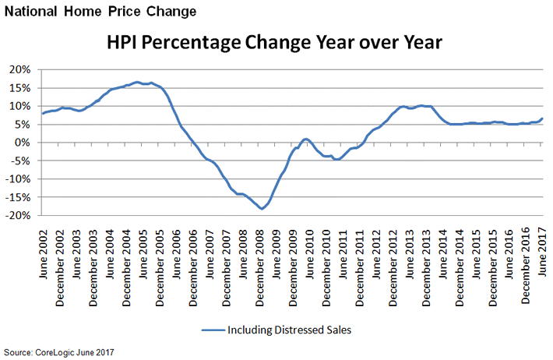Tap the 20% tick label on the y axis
click(20, 69)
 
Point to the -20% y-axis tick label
click(19, 215)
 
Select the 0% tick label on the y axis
click(23, 143)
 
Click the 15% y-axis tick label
click(20, 88)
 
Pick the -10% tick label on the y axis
click(19, 179)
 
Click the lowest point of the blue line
click(262, 209)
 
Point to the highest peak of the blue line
click(136, 82)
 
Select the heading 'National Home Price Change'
click(99, 12)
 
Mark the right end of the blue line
click(542, 118)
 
